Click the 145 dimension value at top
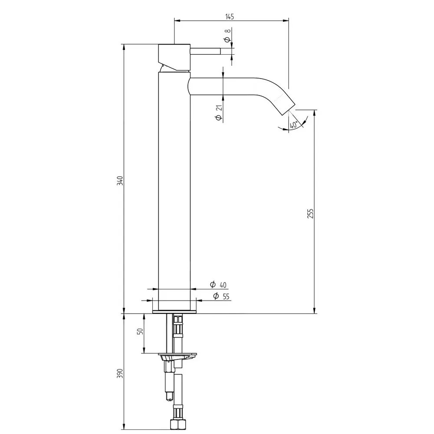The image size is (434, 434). pyautogui.click(x=230, y=16)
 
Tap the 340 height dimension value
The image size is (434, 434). pyautogui.click(x=120, y=181)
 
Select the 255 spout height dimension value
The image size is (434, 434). pyautogui.click(x=311, y=214)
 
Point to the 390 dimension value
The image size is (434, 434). pyautogui.click(x=120, y=373)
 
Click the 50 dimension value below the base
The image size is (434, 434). pyautogui.click(x=141, y=331)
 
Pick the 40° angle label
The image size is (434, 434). pyautogui.click(x=294, y=125)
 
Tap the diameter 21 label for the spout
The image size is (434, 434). pyautogui.click(x=219, y=113)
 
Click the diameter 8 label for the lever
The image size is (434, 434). pyautogui.click(x=227, y=36)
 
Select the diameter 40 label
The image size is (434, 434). pyautogui.click(x=218, y=285)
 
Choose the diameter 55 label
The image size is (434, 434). pyautogui.click(x=221, y=296)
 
